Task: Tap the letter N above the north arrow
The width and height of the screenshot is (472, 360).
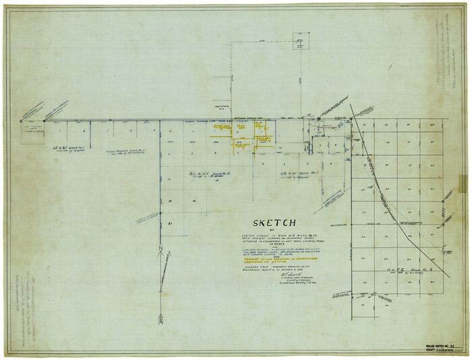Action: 161,249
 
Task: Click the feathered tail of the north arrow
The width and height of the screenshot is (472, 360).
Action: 161,317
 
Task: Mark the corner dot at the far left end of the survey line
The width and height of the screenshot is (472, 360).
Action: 21,121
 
